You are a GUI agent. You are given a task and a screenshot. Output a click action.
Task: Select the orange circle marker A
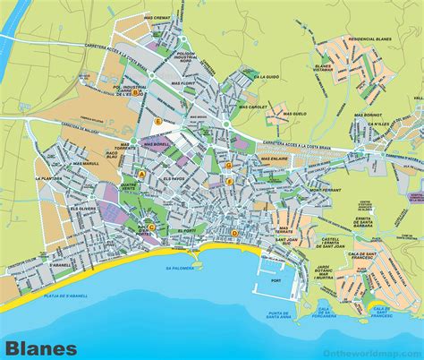[140, 172]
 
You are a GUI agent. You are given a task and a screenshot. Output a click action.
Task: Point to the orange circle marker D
[234, 234]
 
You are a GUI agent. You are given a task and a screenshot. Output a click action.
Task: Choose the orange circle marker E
[157, 121]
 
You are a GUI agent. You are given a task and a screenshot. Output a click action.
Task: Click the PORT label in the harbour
[262, 287]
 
